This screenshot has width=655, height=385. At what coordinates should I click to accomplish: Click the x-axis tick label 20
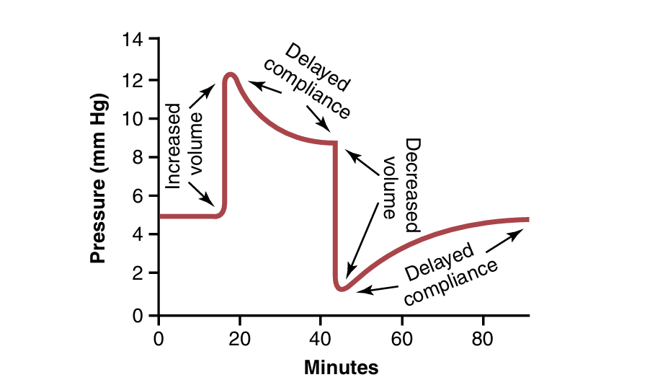240,338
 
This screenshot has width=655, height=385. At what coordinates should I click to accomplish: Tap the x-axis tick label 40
321,338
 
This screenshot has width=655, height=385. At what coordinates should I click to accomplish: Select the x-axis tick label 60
402,338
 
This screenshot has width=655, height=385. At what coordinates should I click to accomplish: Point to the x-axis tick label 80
483,338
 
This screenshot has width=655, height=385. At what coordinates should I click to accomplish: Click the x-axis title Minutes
341,368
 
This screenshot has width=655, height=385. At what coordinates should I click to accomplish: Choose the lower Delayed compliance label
450,275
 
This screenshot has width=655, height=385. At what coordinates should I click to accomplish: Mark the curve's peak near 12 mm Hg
231,74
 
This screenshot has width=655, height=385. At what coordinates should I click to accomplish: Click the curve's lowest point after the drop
342,289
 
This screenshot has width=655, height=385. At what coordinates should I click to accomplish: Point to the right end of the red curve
527,219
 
